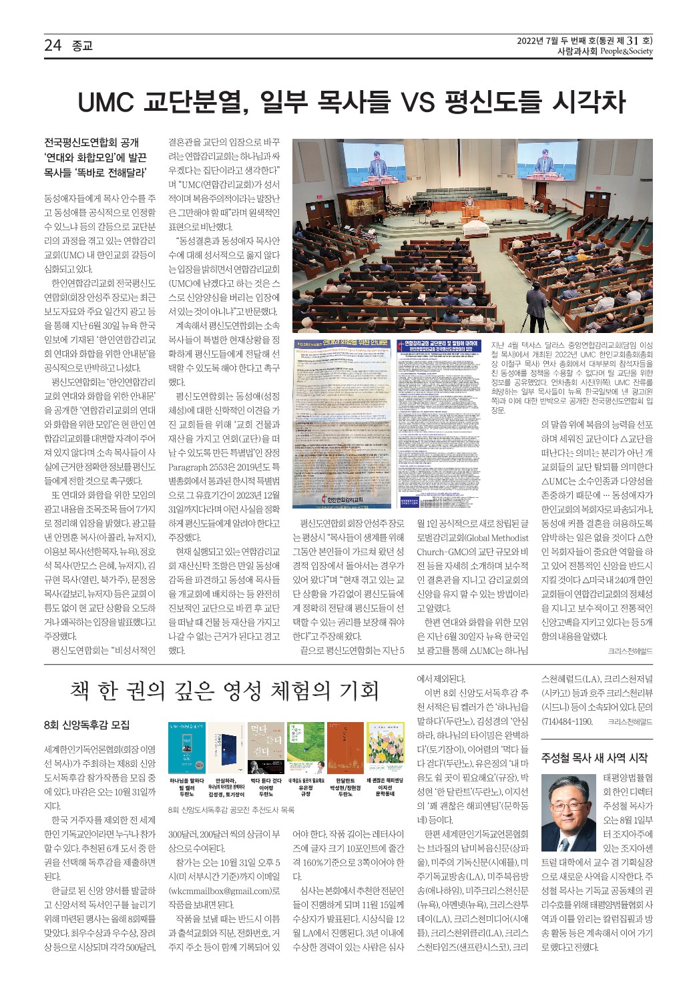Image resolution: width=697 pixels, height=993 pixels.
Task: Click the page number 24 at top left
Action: [x=52, y=45]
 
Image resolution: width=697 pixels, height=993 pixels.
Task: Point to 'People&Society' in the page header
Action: [x=626, y=51]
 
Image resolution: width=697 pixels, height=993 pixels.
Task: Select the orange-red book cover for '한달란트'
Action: [x=345, y=747]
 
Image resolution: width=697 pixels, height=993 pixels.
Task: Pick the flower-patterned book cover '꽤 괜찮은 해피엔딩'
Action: [x=385, y=747]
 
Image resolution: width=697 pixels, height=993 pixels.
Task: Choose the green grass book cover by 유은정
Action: [x=306, y=747]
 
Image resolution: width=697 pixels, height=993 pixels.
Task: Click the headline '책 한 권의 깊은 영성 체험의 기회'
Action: [x=224, y=691]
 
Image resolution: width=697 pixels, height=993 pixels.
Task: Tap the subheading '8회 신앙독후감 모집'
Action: [x=86, y=725]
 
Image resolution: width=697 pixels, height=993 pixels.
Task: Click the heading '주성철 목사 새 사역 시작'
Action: [x=594, y=757]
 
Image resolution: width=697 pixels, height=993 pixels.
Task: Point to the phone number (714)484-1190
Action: [x=567, y=721]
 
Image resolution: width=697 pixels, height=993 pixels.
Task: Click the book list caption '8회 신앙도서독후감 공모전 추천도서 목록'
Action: [x=232, y=810]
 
